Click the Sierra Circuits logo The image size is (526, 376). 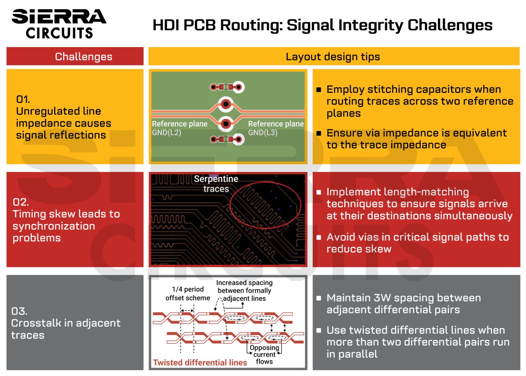pos(59,23)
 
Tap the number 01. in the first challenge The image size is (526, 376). pos(23,99)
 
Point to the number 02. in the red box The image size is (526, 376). pos(21,202)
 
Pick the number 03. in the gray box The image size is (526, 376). pos(19,311)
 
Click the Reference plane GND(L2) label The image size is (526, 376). pos(179,128)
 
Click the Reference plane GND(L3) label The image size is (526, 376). pos(276,128)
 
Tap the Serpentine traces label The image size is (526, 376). pos(216,184)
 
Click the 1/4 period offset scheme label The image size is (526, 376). pos(188,294)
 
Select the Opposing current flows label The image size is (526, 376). pos(264,354)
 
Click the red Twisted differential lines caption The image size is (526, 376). pos(200,363)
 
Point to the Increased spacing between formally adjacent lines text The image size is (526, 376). pos(244,291)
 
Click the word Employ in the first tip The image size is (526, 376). pos(345,89)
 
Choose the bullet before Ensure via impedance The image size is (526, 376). pos(319,133)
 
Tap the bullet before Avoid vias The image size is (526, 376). pos(319,237)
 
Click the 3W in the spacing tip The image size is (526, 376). pos(382,298)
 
